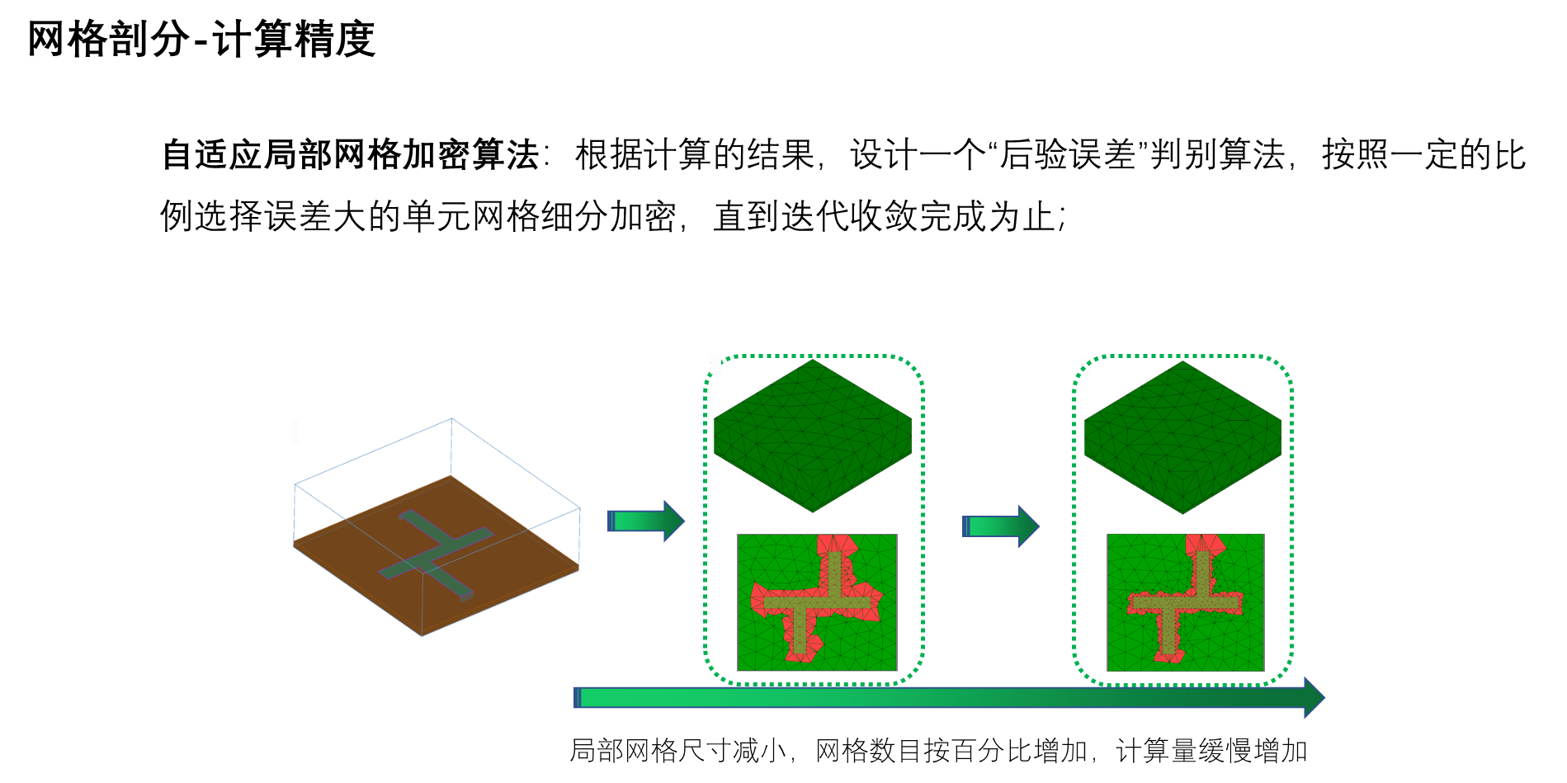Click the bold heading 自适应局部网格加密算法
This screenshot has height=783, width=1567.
(x=350, y=155)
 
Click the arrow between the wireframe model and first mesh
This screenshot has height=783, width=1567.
(x=646, y=521)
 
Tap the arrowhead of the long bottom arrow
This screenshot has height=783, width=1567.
(x=1314, y=698)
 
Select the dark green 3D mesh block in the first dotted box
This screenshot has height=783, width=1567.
(x=813, y=435)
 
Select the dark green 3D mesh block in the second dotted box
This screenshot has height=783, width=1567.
(x=1182, y=436)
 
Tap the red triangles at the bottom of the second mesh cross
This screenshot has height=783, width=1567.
(x=1168, y=655)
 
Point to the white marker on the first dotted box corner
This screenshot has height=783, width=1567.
(x=715, y=365)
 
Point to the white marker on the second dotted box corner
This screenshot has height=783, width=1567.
(x=1086, y=367)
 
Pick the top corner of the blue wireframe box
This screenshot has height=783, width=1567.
(x=451, y=419)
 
